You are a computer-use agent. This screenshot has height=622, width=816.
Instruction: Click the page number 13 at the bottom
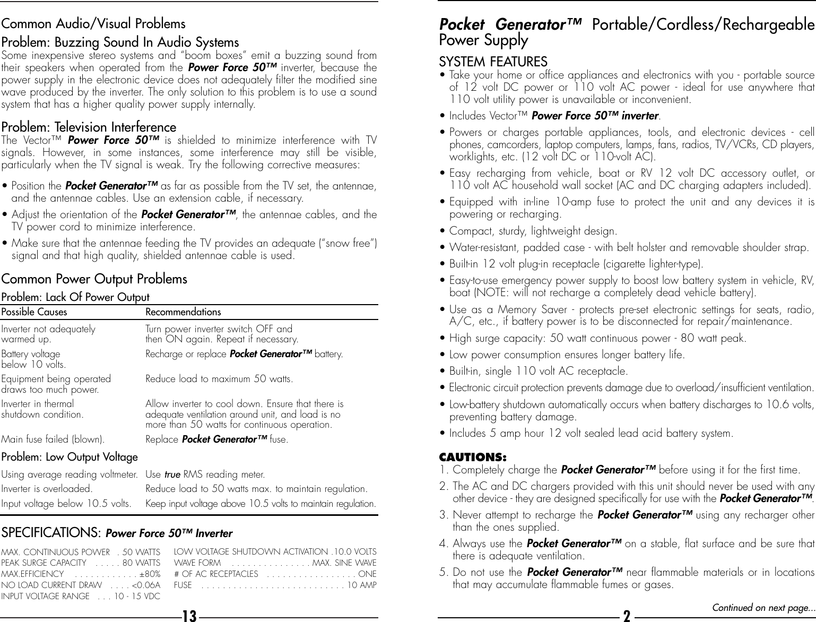pyautogui.click(x=189, y=616)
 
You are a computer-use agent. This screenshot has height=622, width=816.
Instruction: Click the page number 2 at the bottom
pyautogui.click(x=627, y=616)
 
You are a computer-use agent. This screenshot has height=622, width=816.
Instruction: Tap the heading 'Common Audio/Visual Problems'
pyautogui.click(x=93, y=24)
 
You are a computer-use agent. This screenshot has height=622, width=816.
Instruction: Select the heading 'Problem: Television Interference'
pyautogui.click(x=89, y=127)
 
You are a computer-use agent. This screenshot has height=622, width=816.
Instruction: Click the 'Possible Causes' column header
pyautogui.click(x=34, y=312)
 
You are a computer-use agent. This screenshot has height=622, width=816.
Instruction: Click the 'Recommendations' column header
pyautogui.click(x=183, y=312)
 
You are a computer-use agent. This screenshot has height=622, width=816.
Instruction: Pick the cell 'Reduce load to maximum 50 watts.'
pyautogui.click(x=219, y=379)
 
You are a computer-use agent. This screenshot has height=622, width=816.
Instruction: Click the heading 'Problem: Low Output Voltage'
pyautogui.click(x=70, y=457)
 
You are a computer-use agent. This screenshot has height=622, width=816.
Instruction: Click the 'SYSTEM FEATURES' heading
pyautogui.click(x=493, y=62)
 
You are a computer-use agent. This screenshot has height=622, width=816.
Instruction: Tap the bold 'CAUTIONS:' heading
pyautogui.click(x=473, y=457)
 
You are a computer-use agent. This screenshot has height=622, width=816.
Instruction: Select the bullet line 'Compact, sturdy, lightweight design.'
pyautogui.click(x=533, y=231)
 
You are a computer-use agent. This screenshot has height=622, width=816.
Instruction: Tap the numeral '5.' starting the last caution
pyautogui.click(x=444, y=572)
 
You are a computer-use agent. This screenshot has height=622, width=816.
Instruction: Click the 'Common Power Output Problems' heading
pyautogui.click(x=94, y=279)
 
